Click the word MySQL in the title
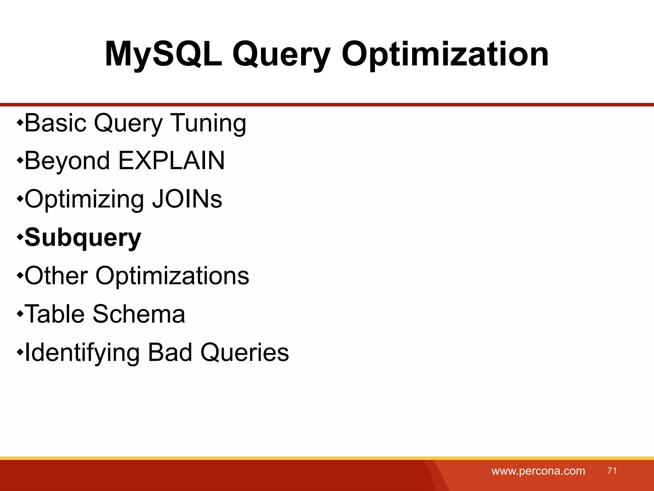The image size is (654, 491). coord(163,54)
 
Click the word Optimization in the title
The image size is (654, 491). coord(445,54)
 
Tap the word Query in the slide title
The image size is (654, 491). coord(281,54)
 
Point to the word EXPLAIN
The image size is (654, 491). coord(171,160)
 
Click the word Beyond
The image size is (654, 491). coord(67,160)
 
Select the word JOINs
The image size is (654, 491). coord(187,199)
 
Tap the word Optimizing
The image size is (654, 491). coord(84,199)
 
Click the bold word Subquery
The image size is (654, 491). coord(83,238)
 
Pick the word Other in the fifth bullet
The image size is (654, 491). coord(56,276)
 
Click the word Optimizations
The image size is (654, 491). coord(172,276)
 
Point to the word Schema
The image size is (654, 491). coord(139,314)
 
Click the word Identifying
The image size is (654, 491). coord(82,352)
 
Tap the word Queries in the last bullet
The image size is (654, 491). coord(245,352)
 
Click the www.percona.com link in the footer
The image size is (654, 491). coord(538,471)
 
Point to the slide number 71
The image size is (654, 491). coord(612,471)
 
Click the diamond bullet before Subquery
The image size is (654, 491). coord(20,237)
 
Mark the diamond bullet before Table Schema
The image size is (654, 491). coord(20,314)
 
